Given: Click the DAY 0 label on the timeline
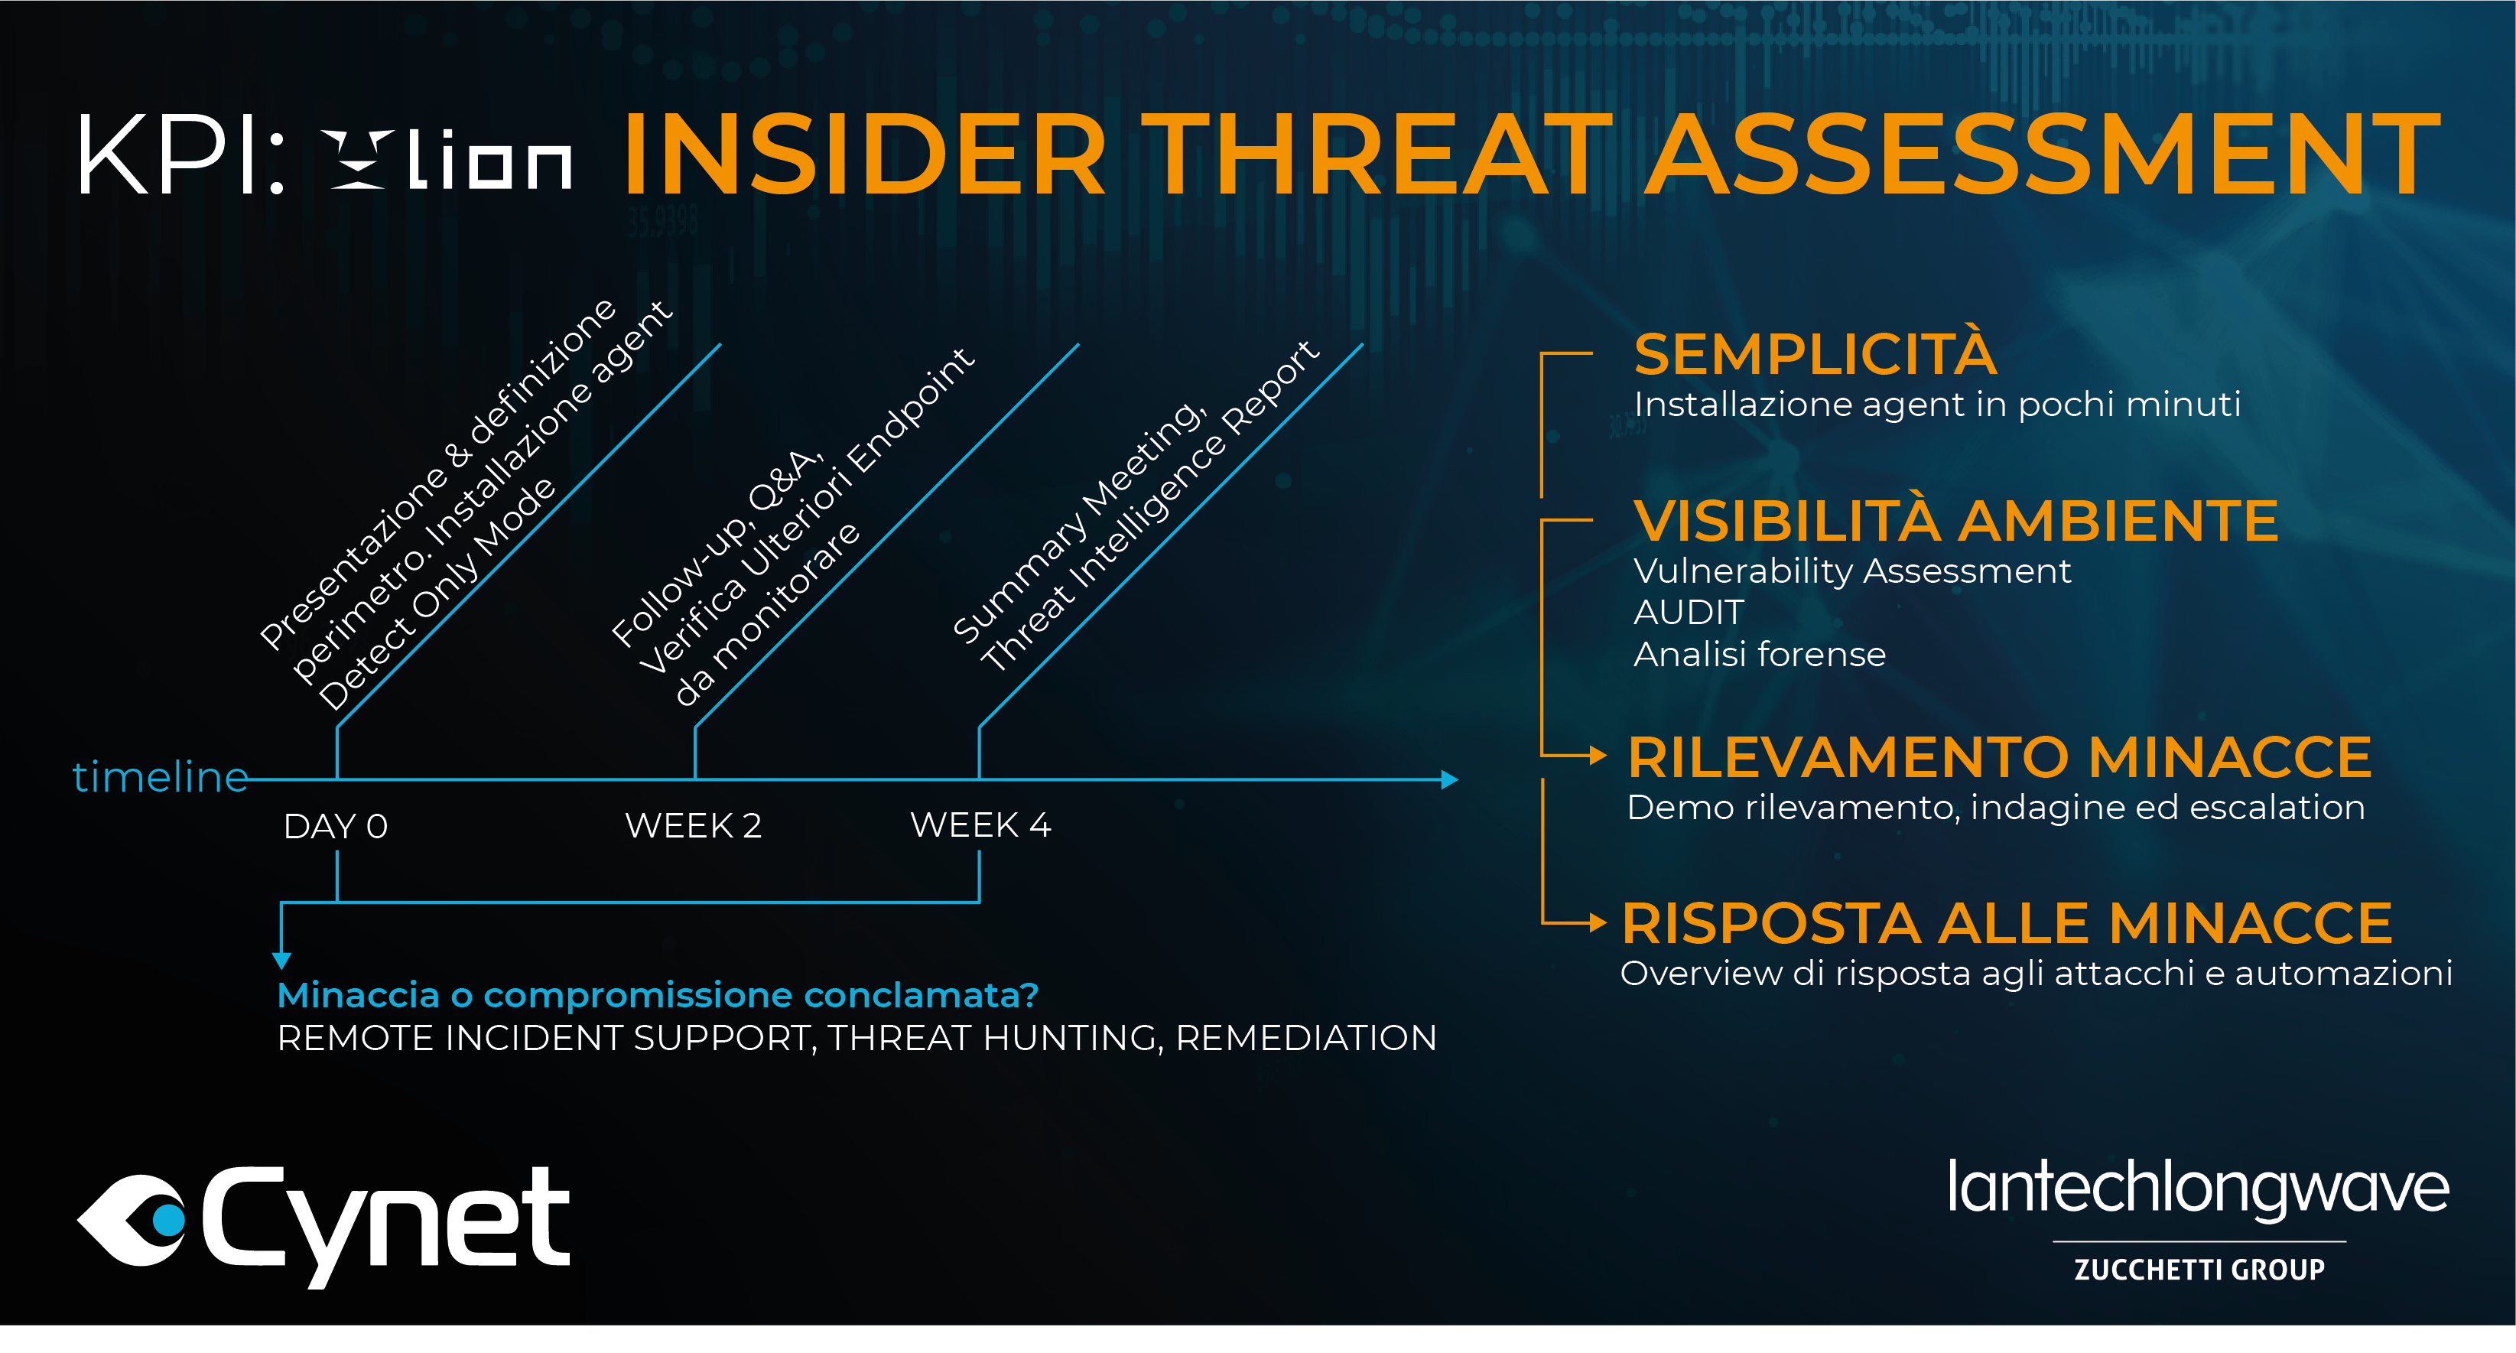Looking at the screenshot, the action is click(336, 827).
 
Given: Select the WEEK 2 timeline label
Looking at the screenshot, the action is click(694, 825).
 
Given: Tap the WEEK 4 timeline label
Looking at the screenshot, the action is click(980, 825).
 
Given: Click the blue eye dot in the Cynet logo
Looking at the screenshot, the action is click(168, 1219).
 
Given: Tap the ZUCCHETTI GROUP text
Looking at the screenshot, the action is click(2199, 1269).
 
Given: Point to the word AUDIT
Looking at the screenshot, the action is click(1689, 613).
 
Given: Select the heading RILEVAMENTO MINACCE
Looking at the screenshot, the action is click(1999, 757).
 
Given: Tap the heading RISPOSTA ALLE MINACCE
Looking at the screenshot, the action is click(2007, 923).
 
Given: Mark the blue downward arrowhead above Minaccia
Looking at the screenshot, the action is click(281, 961).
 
